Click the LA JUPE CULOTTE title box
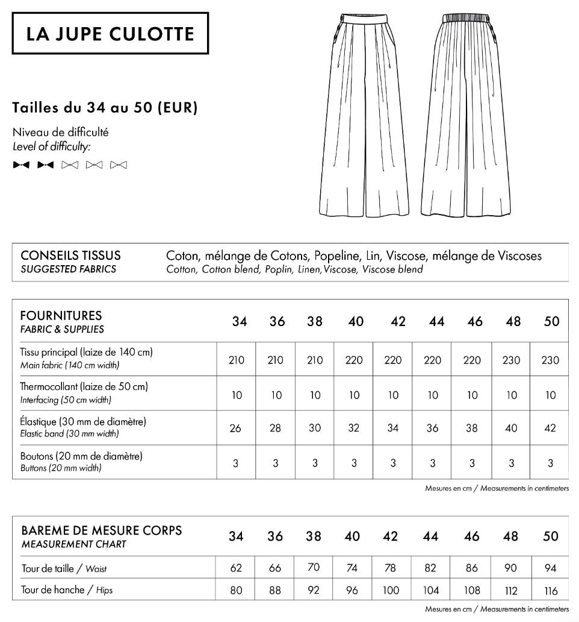[110, 33]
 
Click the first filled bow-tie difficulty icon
[21, 165]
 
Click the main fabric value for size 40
[354, 360]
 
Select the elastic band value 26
[237, 429]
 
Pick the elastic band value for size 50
[551, 429]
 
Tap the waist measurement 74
[352, 568]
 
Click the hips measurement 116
[550, 591]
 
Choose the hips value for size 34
[237, 591]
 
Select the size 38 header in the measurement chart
[314, 536]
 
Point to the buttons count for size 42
[393, 463]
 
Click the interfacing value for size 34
[237, 395]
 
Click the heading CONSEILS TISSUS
[70, 256]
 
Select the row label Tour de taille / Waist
[64, 568]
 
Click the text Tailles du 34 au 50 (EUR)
[105, 108]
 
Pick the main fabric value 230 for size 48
[512, 360]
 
